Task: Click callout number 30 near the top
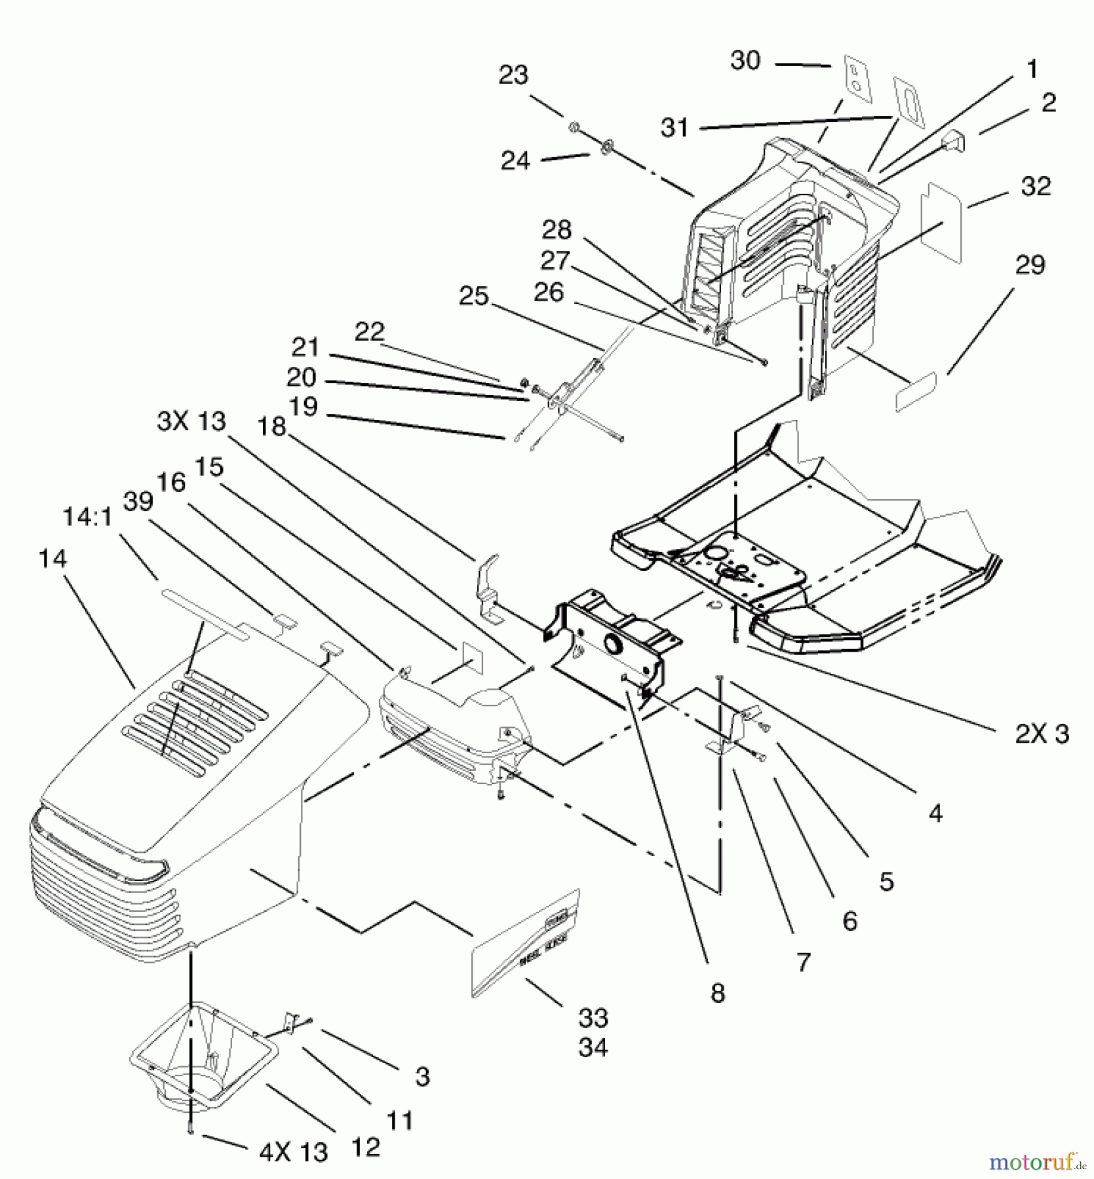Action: pos(745,61)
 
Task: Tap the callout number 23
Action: pos(513,75)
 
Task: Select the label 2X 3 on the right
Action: pos(1042,734)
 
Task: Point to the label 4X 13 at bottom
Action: pos(294,1152)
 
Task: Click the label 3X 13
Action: pos(191,421)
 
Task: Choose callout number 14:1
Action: pos(87,517)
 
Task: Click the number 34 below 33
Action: pos(593,1047)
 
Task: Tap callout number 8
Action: pos(718,993)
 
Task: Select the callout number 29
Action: pos(1030,265)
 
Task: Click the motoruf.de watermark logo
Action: pos(1036,1161)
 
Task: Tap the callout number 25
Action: pos(473,296)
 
